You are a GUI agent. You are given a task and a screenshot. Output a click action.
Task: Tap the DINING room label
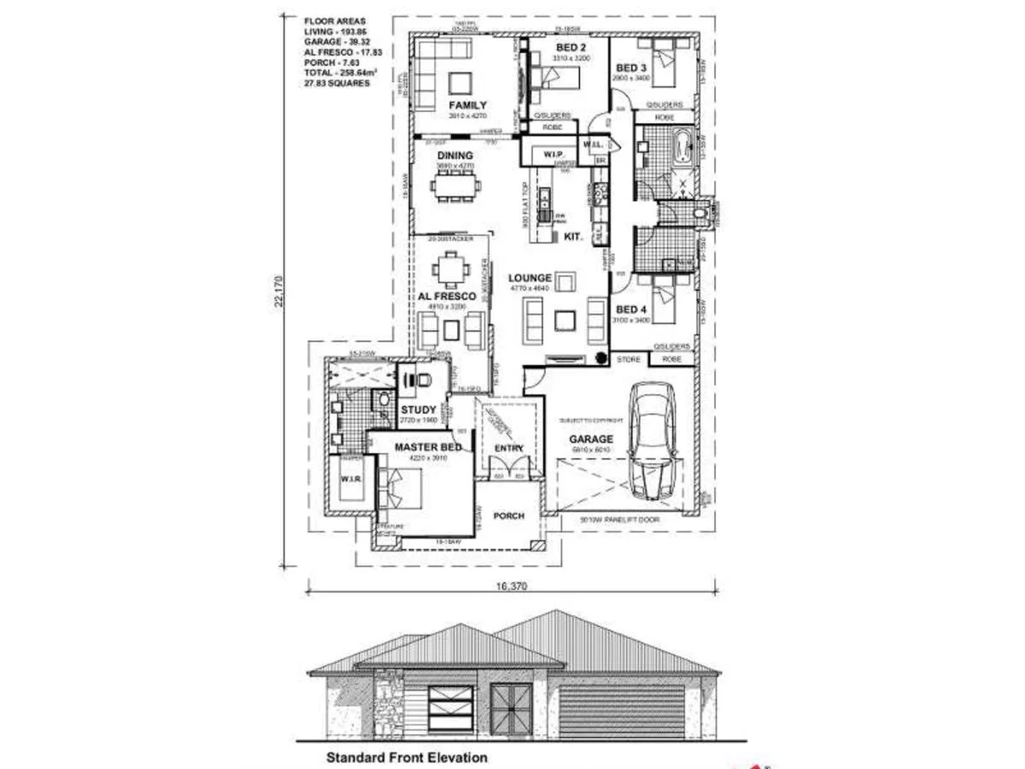[x=454, y=156]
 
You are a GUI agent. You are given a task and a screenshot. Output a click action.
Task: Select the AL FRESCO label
[x=447, y=296]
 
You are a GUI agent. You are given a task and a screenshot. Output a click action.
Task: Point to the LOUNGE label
[x=530, y=278]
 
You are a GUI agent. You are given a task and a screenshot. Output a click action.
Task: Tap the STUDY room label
[x=419, y=410]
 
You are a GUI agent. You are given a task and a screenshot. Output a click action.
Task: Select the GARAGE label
[x=592, y=439]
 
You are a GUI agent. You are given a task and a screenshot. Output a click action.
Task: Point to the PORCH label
[x=508, y=516]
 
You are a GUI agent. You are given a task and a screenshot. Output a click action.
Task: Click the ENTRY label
[x=509, y=448]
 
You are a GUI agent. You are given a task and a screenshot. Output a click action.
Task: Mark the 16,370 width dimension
[x=511, y=586]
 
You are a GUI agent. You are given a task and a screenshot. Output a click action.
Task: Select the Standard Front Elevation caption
[x=407, y=757]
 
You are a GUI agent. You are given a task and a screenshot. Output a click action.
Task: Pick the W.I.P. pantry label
[x=543, y=154]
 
